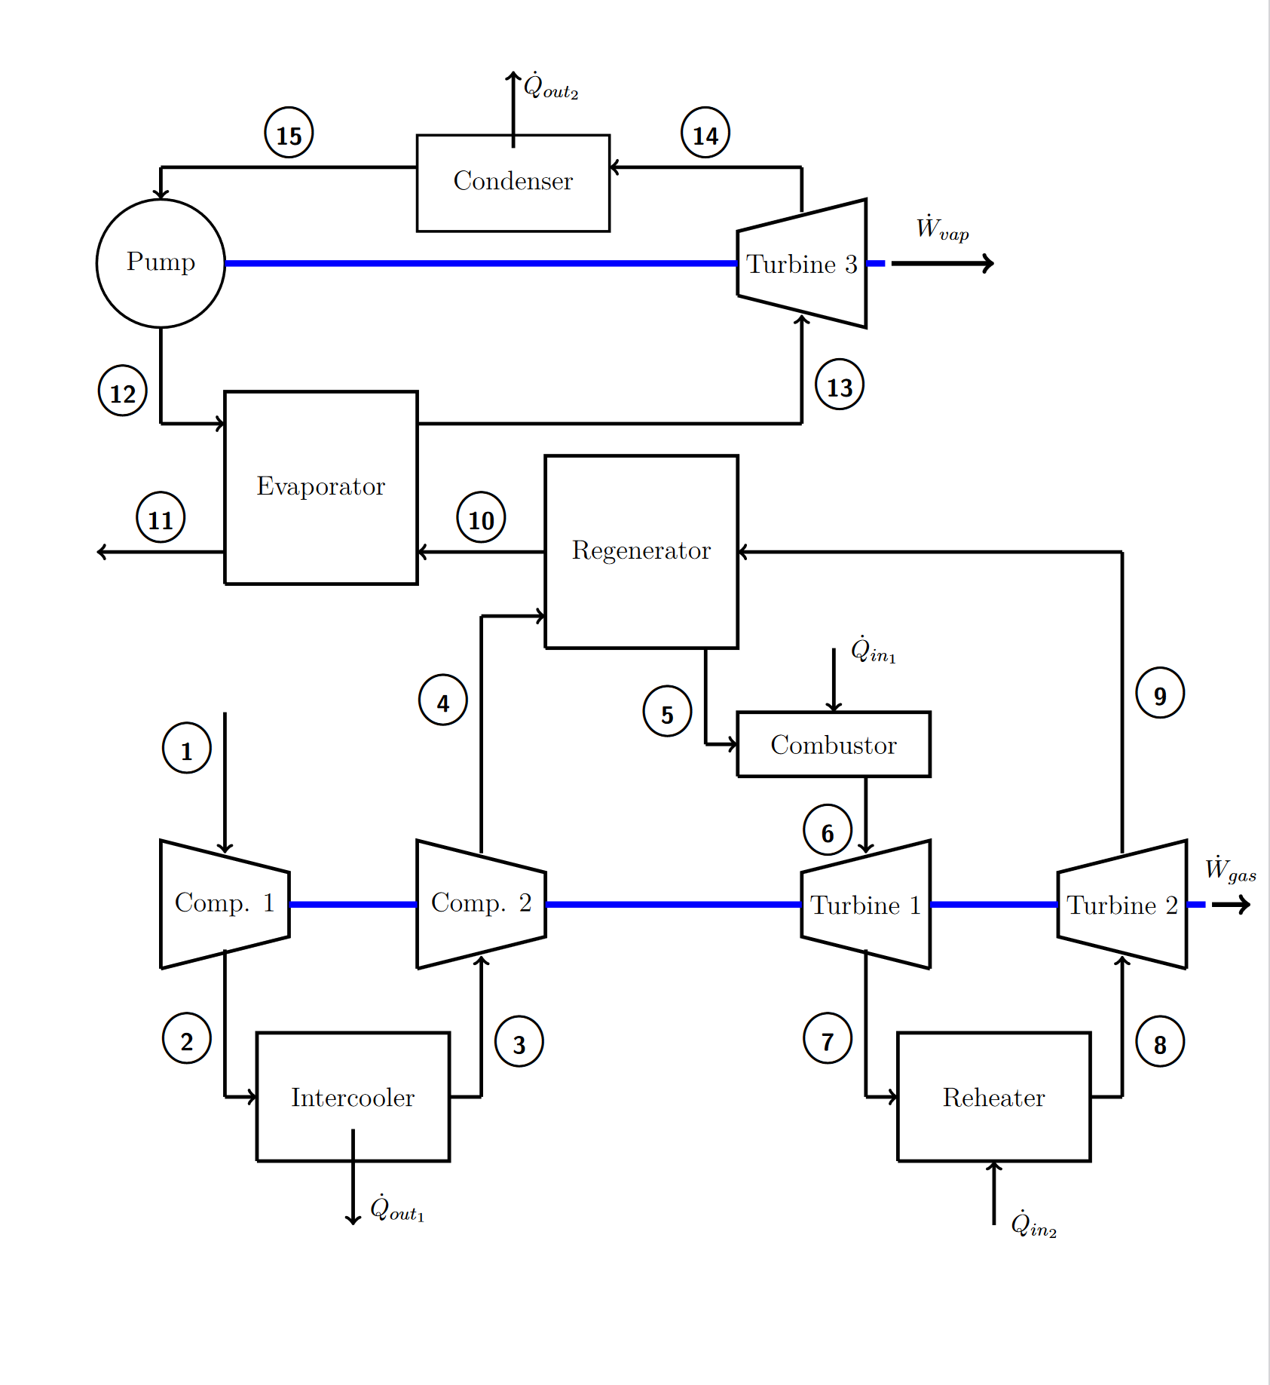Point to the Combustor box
click(x=833, y=744)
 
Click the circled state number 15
click(x=289, y=133)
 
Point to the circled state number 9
click(x=1160, y=693)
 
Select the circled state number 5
click(x=667, y=712)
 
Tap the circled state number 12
click(x=123, y=391)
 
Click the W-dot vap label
click(x=941, y=228)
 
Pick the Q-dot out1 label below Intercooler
click(x=396, y=1209)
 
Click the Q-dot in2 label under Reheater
click(x=1033, y=1224)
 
